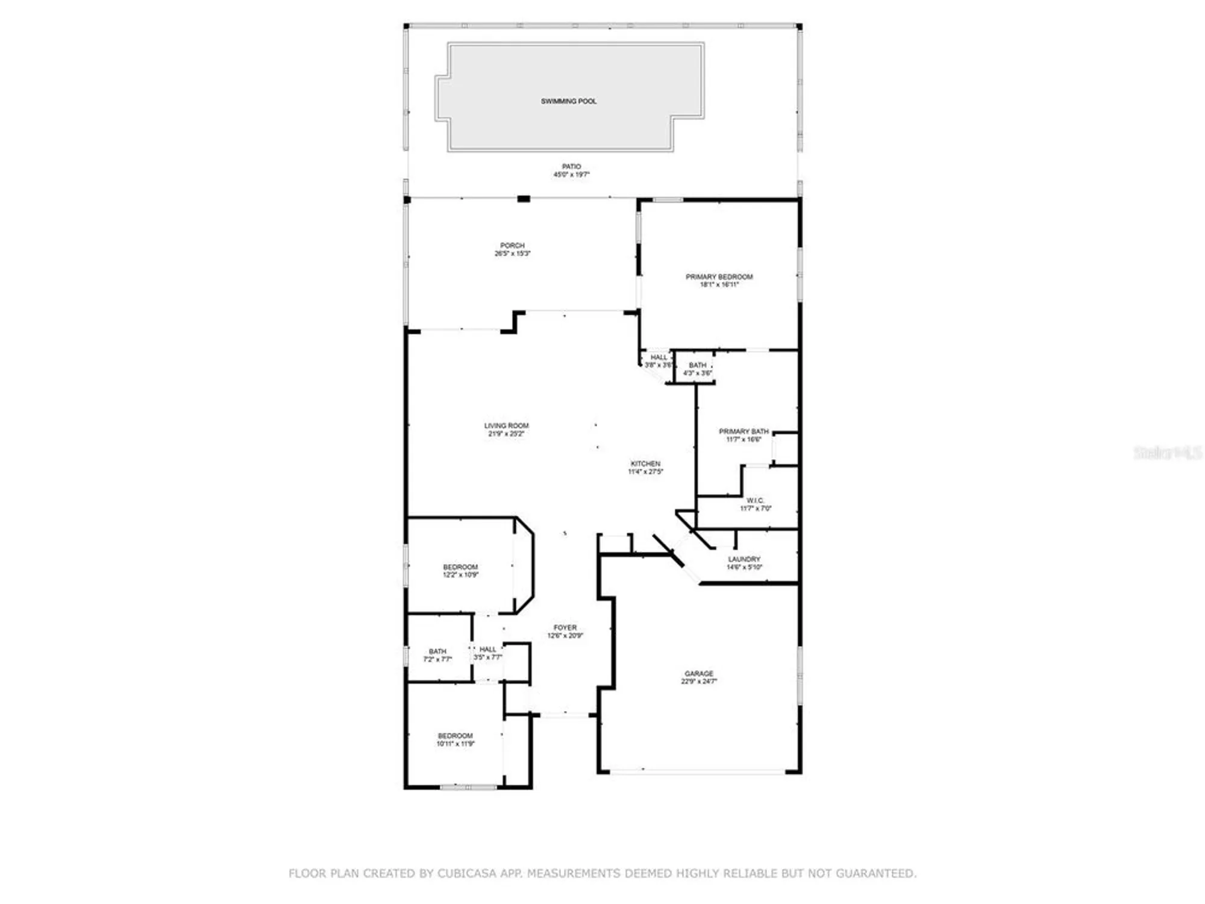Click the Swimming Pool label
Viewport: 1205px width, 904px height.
(x=568, y=101)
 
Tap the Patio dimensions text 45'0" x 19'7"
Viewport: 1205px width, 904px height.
(x=571, y=175)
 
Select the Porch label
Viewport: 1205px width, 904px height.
(x=512, y=245)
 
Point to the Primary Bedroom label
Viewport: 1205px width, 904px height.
(x=719, y=277)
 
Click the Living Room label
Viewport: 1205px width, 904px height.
(x=506, y=425)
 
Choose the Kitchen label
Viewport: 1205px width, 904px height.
(x=645, y=463)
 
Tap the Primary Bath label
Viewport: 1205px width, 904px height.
(x=743, y=432)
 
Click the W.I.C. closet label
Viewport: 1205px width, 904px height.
(x=755, y=501)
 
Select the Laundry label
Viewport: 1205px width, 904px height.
(x=744, y=559)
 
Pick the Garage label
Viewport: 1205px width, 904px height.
(x=699, y=673)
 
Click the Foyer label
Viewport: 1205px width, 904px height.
(x=565, y=627)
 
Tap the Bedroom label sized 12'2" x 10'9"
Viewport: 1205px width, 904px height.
(x=460, y=567)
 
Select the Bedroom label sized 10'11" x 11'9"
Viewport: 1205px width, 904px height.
(x=455, y=736)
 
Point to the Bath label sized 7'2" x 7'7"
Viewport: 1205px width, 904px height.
(x=437, y=651)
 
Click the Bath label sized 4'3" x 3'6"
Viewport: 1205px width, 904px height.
(x=697, y=365)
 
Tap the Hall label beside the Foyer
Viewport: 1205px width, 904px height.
(x=487, y=649)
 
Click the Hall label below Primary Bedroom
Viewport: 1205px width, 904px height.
(x=659, y=357)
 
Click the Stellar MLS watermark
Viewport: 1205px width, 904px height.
(x=1168, y=453)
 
